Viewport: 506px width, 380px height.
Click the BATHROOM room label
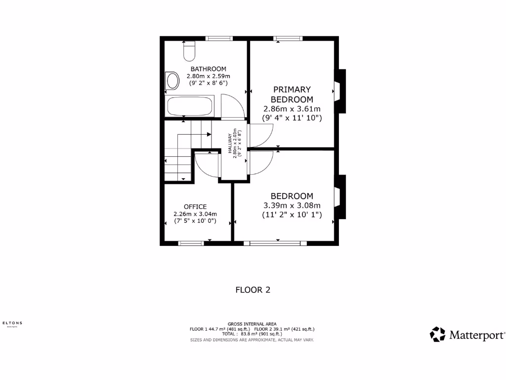click(x=208, y=69)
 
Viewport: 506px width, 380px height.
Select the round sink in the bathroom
click(x=172, y=81)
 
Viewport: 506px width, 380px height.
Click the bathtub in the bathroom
click(x=190, y=106)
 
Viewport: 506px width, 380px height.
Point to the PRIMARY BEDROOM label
click(x=292, y=94)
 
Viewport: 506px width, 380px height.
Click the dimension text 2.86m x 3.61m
click(x=292, y=109)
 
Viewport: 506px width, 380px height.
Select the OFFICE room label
click(x=195, y=206)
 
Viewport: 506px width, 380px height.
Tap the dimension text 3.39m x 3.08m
click(x=292, y=205)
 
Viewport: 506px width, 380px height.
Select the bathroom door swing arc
click(x=233, y=106)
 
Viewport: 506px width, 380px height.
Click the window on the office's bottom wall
click(x=191, y=243)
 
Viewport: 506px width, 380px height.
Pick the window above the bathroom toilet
click(x=219, y=38)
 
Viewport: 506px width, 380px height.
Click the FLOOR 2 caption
click(x=253, y=290)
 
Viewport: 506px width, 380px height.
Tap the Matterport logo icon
click(x=437, y=334)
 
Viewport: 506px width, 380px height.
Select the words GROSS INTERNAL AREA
click(x=252, y=324)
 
